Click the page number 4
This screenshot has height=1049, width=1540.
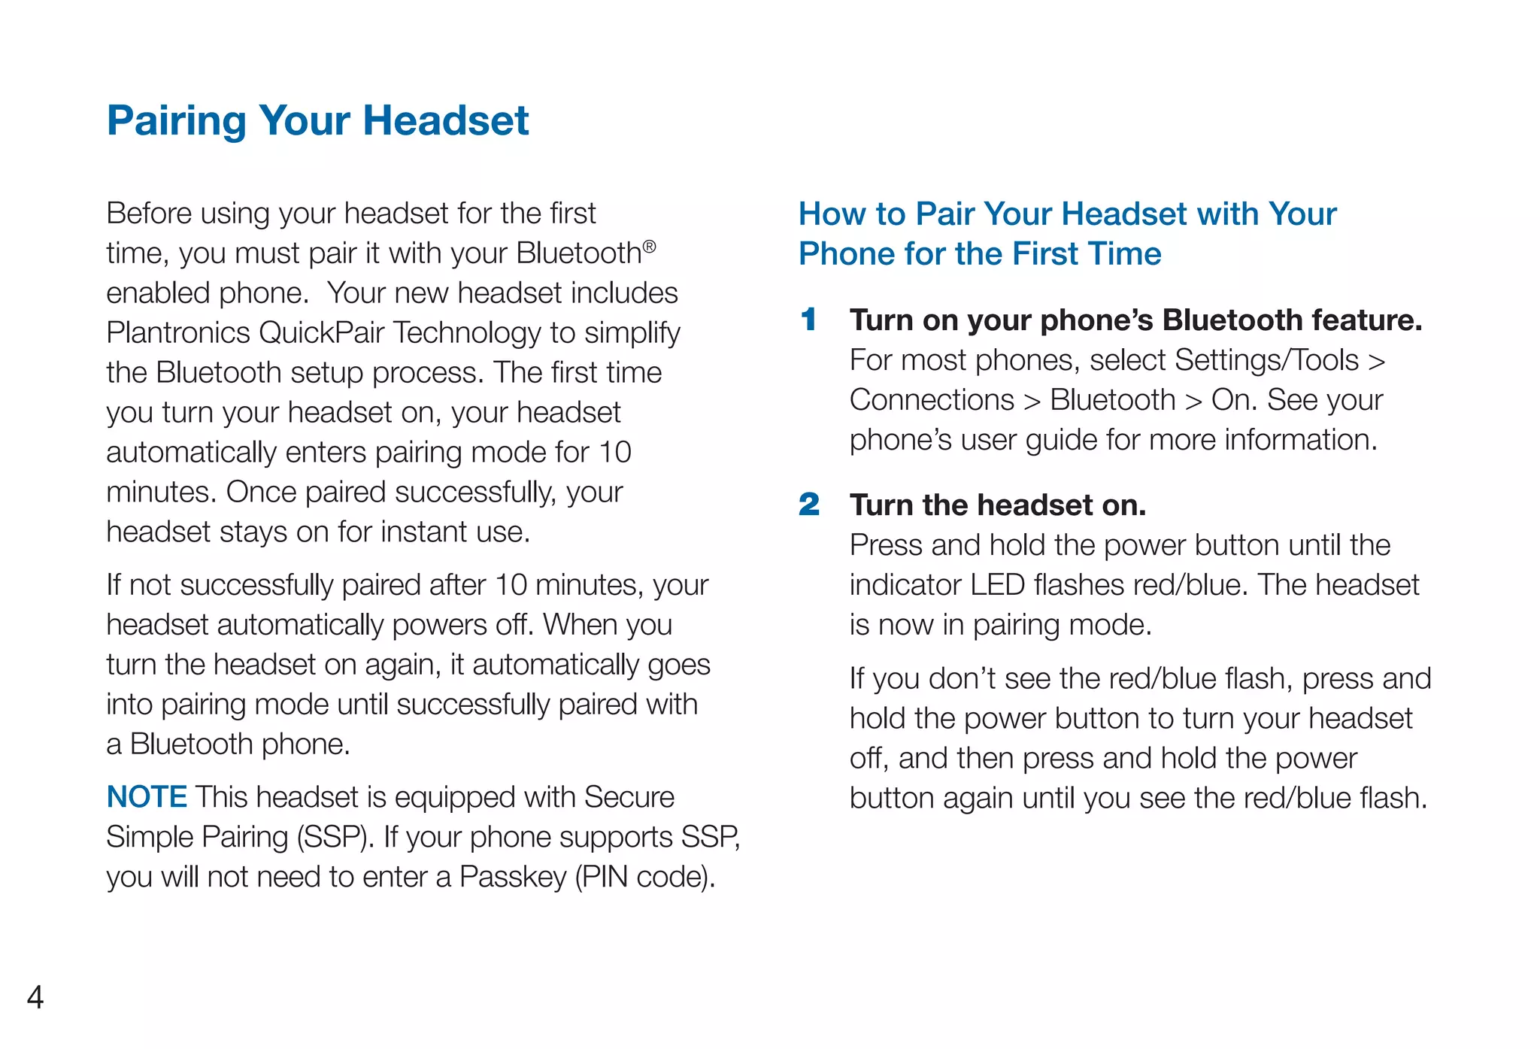pyautogui.click(x=35, y=997)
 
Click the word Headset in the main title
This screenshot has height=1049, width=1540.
pyautogui.click(x=446, y=120)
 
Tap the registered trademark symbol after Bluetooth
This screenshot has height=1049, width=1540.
pyautogui.click(x=650, y=246)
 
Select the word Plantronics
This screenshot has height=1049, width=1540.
pyautogui.click(x=178, y=332)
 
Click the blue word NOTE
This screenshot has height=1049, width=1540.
pyautogui.click(x=147, y=796)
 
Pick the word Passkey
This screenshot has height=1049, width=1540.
pyautogui.click(x=513, y=877)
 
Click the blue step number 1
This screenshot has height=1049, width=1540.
pyautogui.click(x=808, y=320)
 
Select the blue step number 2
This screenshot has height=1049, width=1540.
pyautogui.click(x=809, y=505)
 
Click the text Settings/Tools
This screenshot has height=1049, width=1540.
pyautogui.click(x=1266, y=360)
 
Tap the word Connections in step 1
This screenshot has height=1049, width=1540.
pyautogui.click(x=932, y=400)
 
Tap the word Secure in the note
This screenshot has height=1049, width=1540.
pyautogui.click(x=629, y=797)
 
